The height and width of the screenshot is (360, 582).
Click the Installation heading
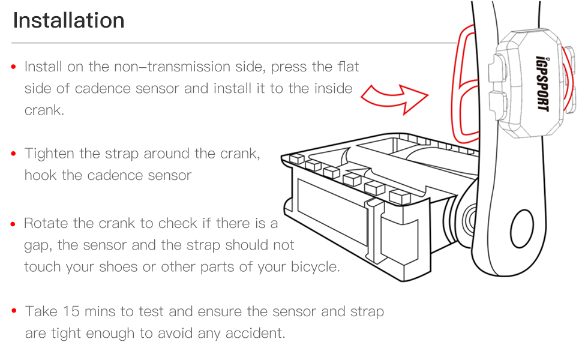[x=68, y=20]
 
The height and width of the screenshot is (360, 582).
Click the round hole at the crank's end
[x=521, y=230]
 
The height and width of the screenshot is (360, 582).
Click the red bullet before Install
[x=13, y=67]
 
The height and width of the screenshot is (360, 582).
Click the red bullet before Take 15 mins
[x=13, y=312]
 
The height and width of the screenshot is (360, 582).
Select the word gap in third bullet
[x=36, y=246]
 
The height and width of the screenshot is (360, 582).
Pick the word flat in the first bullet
[x=348, y=67]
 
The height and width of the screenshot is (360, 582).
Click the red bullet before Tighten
[x=13, y=154]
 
